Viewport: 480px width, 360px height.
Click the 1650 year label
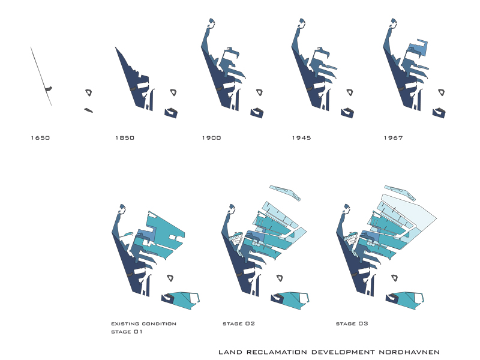coord(40,138)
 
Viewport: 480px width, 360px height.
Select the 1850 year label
coord(125,138)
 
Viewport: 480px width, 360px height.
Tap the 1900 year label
coord(212,138)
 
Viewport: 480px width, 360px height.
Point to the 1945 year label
coord(302,138)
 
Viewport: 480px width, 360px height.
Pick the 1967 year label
coord(394,138)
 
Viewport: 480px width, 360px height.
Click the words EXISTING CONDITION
coord(143,323)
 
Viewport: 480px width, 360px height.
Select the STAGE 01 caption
coord(127,332)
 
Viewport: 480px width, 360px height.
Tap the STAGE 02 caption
coord(239,323)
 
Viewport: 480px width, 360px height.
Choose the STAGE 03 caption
coord(352,323)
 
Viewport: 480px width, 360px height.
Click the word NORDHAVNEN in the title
coord(409,352)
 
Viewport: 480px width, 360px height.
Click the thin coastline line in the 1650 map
coord(41,76)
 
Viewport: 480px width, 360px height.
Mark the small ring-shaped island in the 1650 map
coord(89,92)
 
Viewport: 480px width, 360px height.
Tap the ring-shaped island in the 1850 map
coord(173,92)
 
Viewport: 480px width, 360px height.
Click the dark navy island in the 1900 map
coord(257,113)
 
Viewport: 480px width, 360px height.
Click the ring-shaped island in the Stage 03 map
coord(395,278)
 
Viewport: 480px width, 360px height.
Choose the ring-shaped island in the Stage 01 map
coord(170,278)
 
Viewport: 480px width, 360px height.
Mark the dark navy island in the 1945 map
coord(347,113)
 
